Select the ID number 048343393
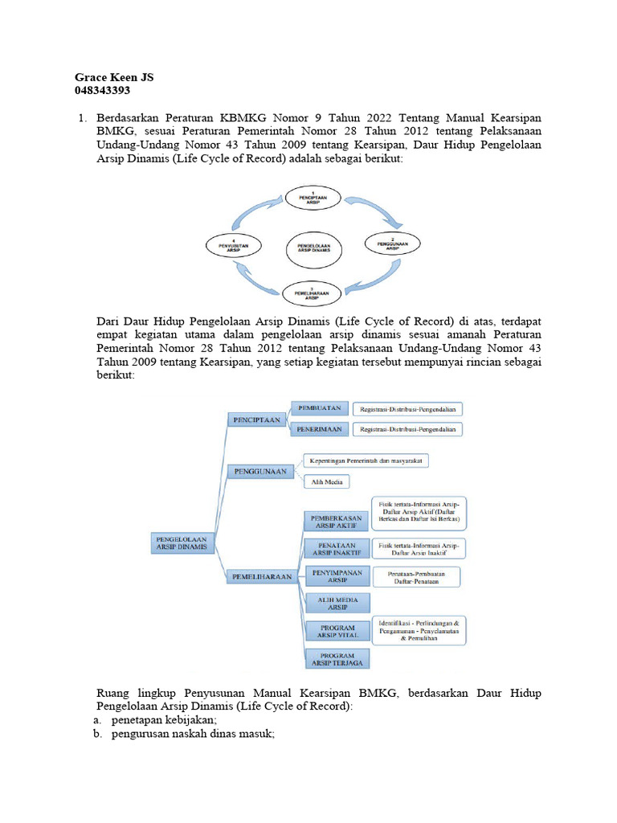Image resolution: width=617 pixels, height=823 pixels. coord(102,90)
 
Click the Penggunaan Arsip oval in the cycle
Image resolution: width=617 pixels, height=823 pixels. coord(391,244)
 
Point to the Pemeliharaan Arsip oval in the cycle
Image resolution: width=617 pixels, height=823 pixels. coord(313,291)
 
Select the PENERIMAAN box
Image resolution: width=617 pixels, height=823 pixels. coord(319,430)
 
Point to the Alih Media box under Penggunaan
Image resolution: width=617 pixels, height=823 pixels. coord(328,482)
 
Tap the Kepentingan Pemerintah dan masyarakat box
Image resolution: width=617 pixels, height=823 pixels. coord(368,461)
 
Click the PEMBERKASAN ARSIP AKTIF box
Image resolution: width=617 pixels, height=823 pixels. coord(336,522)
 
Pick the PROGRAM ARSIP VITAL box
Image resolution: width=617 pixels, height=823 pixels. coord(336,631)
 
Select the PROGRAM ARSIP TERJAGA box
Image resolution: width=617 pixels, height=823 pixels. coord(336,660)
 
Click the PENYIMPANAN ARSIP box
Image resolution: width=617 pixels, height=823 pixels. coord(336,575)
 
